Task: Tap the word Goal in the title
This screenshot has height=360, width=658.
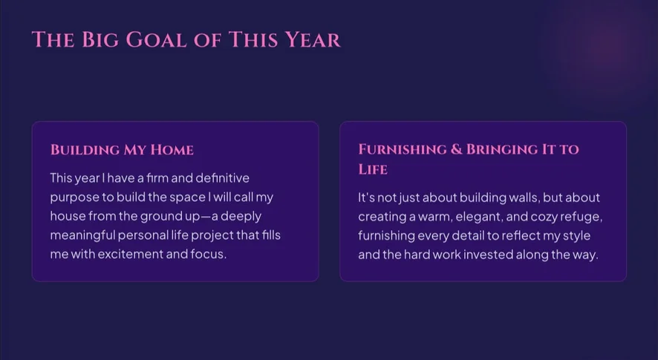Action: (x=156, y=40)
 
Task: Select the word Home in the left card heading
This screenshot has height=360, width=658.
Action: (x=172, y=150)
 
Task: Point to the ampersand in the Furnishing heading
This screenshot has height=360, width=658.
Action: (x=456, y=149)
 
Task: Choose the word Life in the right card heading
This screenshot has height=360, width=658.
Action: (x=373, y=169)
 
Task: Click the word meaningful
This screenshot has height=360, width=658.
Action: (x=82, y=235)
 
